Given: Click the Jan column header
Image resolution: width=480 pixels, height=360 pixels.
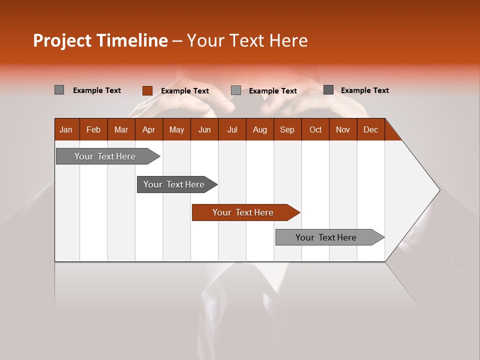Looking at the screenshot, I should pos(66,129).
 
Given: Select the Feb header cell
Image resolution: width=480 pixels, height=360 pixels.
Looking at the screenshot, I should pos(93,129).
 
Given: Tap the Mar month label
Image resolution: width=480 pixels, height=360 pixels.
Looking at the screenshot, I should pos(121,129).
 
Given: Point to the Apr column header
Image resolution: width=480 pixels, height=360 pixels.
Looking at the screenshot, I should pos(149,129).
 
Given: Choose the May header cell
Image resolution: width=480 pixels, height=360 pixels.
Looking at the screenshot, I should pos(176,129).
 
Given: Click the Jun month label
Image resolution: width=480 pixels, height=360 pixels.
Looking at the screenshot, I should pos(204,129).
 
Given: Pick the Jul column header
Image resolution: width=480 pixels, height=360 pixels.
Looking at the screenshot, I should pos(232,129).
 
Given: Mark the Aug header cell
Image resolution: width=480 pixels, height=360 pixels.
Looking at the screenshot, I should pos(260,129).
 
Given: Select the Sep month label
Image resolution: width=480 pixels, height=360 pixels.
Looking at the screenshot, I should pos(287,129).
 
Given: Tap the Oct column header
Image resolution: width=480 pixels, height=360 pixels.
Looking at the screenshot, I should pos(315,129).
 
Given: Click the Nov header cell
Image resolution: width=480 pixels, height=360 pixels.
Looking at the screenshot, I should pos(343,129).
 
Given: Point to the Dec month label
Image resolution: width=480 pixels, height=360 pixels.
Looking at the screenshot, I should pos(371,129).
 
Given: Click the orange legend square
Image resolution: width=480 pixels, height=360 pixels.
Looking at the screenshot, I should pos(147,90).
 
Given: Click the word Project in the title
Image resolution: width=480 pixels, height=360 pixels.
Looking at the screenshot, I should pos(62,40).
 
